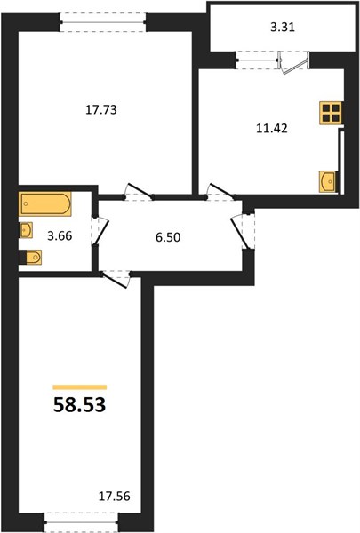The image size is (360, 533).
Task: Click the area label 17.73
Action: tap(101, 110)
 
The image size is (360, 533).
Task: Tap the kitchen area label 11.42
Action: tap(271, 128)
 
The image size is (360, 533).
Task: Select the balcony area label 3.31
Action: tap(283, 27)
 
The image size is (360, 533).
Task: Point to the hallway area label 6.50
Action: tap(168, 237)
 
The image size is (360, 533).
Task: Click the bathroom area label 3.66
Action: tap(60, 235)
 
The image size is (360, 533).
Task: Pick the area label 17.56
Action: tap(115, 497)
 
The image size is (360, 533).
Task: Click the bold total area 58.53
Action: tap(80, 405)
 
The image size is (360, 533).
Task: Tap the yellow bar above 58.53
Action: tap(80, 386)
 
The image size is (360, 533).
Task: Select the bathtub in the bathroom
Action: tap(45, 203)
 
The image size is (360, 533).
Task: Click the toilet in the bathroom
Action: tap(31, 257)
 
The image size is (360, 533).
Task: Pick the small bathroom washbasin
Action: tap(26, 230)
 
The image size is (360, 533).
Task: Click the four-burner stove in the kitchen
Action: tap(331, 113)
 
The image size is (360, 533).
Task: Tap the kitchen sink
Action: tap(328, 181)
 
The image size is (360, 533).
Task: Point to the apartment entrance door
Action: tap(243, 232)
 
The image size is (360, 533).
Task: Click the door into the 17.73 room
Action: tap(139, 192)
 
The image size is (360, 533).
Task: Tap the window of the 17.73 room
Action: tap(103, 22)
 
